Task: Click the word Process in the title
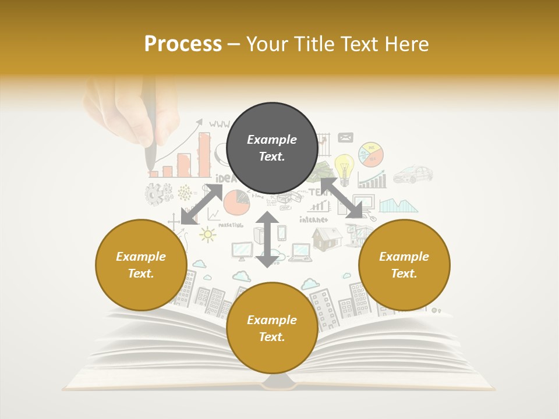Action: pyautogui.click(x=183, y=44)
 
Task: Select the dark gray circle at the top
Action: pyautogui.click(x=272, y=148)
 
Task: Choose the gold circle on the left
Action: pyautogui.click(x=141, y=265)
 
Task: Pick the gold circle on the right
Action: pyautogui.click(x=404, y=265)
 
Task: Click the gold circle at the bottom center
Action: pyautogui.click(x=272, y=328)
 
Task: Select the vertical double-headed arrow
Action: pyautogui.click(x=267, y=239)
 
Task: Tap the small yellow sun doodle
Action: pyautogui.click(x=207, y=234)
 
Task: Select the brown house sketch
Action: pyautogui.click(x=327, y=239)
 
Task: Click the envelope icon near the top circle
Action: pyautogui.click(x=345, y=138)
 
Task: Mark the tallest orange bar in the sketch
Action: pyautogui.click(x=204, y=155)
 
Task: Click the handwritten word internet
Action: pyautogui.click(x=313, y=219)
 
